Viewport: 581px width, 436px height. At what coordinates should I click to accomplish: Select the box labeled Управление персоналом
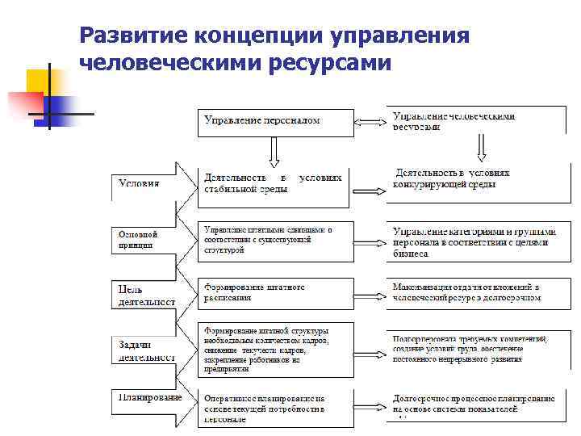point(274,120)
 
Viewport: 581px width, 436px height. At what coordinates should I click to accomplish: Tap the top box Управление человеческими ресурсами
point(476,120)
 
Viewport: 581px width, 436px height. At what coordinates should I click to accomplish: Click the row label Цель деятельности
point(144,295)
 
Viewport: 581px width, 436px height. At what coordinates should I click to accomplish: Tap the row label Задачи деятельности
point(144,350)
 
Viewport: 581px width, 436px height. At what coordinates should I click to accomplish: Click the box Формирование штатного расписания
point(274,292)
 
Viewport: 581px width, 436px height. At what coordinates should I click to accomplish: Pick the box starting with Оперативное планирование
point(274,409)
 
